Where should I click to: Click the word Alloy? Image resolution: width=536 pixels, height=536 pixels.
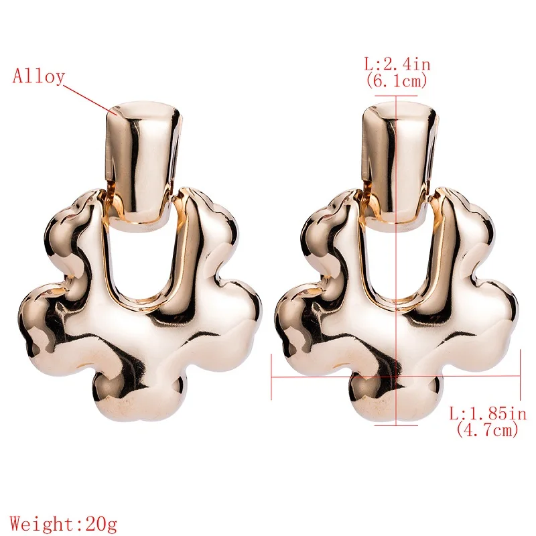coord(38,76)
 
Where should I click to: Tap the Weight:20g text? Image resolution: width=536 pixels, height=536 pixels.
coord(64,524)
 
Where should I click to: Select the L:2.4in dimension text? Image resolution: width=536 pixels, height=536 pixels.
coord(397,64)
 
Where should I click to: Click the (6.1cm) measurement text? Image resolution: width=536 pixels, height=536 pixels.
coord(397,80)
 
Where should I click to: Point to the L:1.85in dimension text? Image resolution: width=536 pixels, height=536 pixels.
coord(488,414)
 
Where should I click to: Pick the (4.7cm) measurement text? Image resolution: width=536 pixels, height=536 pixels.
coord(487,429)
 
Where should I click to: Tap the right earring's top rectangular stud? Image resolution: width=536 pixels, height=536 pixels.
coord(399,163)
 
